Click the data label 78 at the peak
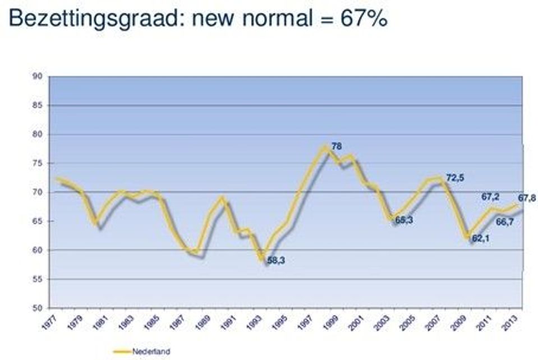pos(337,146)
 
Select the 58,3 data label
pos(276,260)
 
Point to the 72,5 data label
pos(456,178)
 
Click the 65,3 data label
pos(404,220)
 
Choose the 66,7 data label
pos(504,221)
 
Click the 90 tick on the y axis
pos(37,77)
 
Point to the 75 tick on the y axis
pos(37,163)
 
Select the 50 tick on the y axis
pos(37,308)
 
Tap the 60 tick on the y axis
pos(37,250)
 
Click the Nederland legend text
pos(151,352)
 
